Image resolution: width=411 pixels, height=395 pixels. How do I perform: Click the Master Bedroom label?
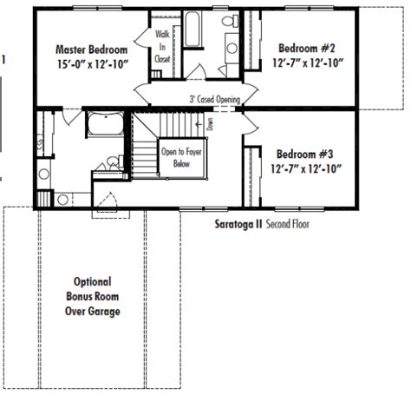click(91, 49)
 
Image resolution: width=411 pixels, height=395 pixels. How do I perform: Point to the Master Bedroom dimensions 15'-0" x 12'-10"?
click(93, 64)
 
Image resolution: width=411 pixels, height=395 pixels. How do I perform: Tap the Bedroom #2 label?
click(307, 48)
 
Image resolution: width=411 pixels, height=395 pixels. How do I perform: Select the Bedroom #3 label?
click(304, 154)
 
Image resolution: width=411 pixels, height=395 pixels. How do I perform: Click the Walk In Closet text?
click(162, 47)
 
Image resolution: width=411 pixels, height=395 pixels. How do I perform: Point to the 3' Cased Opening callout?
click(215, 99)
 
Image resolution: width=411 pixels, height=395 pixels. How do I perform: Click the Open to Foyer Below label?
click(181, 158)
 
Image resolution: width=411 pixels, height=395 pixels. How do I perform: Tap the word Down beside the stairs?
click(210, 124)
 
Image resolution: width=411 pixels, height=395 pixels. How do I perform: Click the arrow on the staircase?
click(199, 124)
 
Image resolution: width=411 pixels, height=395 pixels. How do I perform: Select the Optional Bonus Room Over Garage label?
click(93, 297)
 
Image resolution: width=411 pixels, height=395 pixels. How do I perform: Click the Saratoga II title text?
click(238, 224)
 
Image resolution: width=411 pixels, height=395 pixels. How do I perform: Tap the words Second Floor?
click(288, 224)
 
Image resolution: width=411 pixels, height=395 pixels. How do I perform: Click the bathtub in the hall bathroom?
click(192, 29)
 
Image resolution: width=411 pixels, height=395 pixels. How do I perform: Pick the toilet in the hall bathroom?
click(231, 21)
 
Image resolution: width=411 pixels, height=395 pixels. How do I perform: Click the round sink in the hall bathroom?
click(232, 48)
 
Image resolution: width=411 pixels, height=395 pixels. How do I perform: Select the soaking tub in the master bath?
click(106, 124)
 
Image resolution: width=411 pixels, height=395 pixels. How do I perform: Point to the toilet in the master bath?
click(114, 162)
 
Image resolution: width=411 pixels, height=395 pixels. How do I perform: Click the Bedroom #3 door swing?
click(250, 123)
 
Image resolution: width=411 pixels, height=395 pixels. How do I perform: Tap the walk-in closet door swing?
click(142, 37)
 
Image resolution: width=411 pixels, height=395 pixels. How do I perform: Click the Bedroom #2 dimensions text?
click(308, 63)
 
